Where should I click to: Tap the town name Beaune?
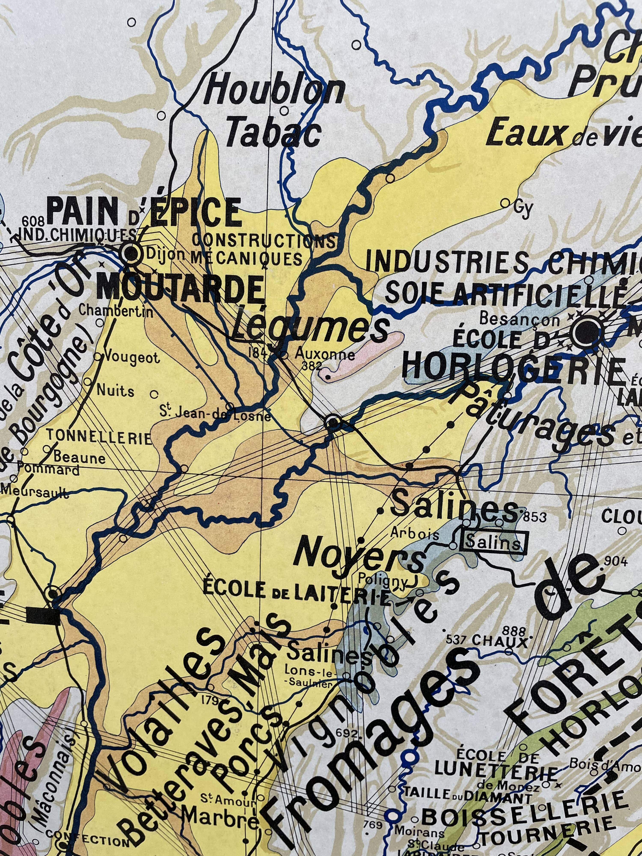[x=79, y=459]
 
